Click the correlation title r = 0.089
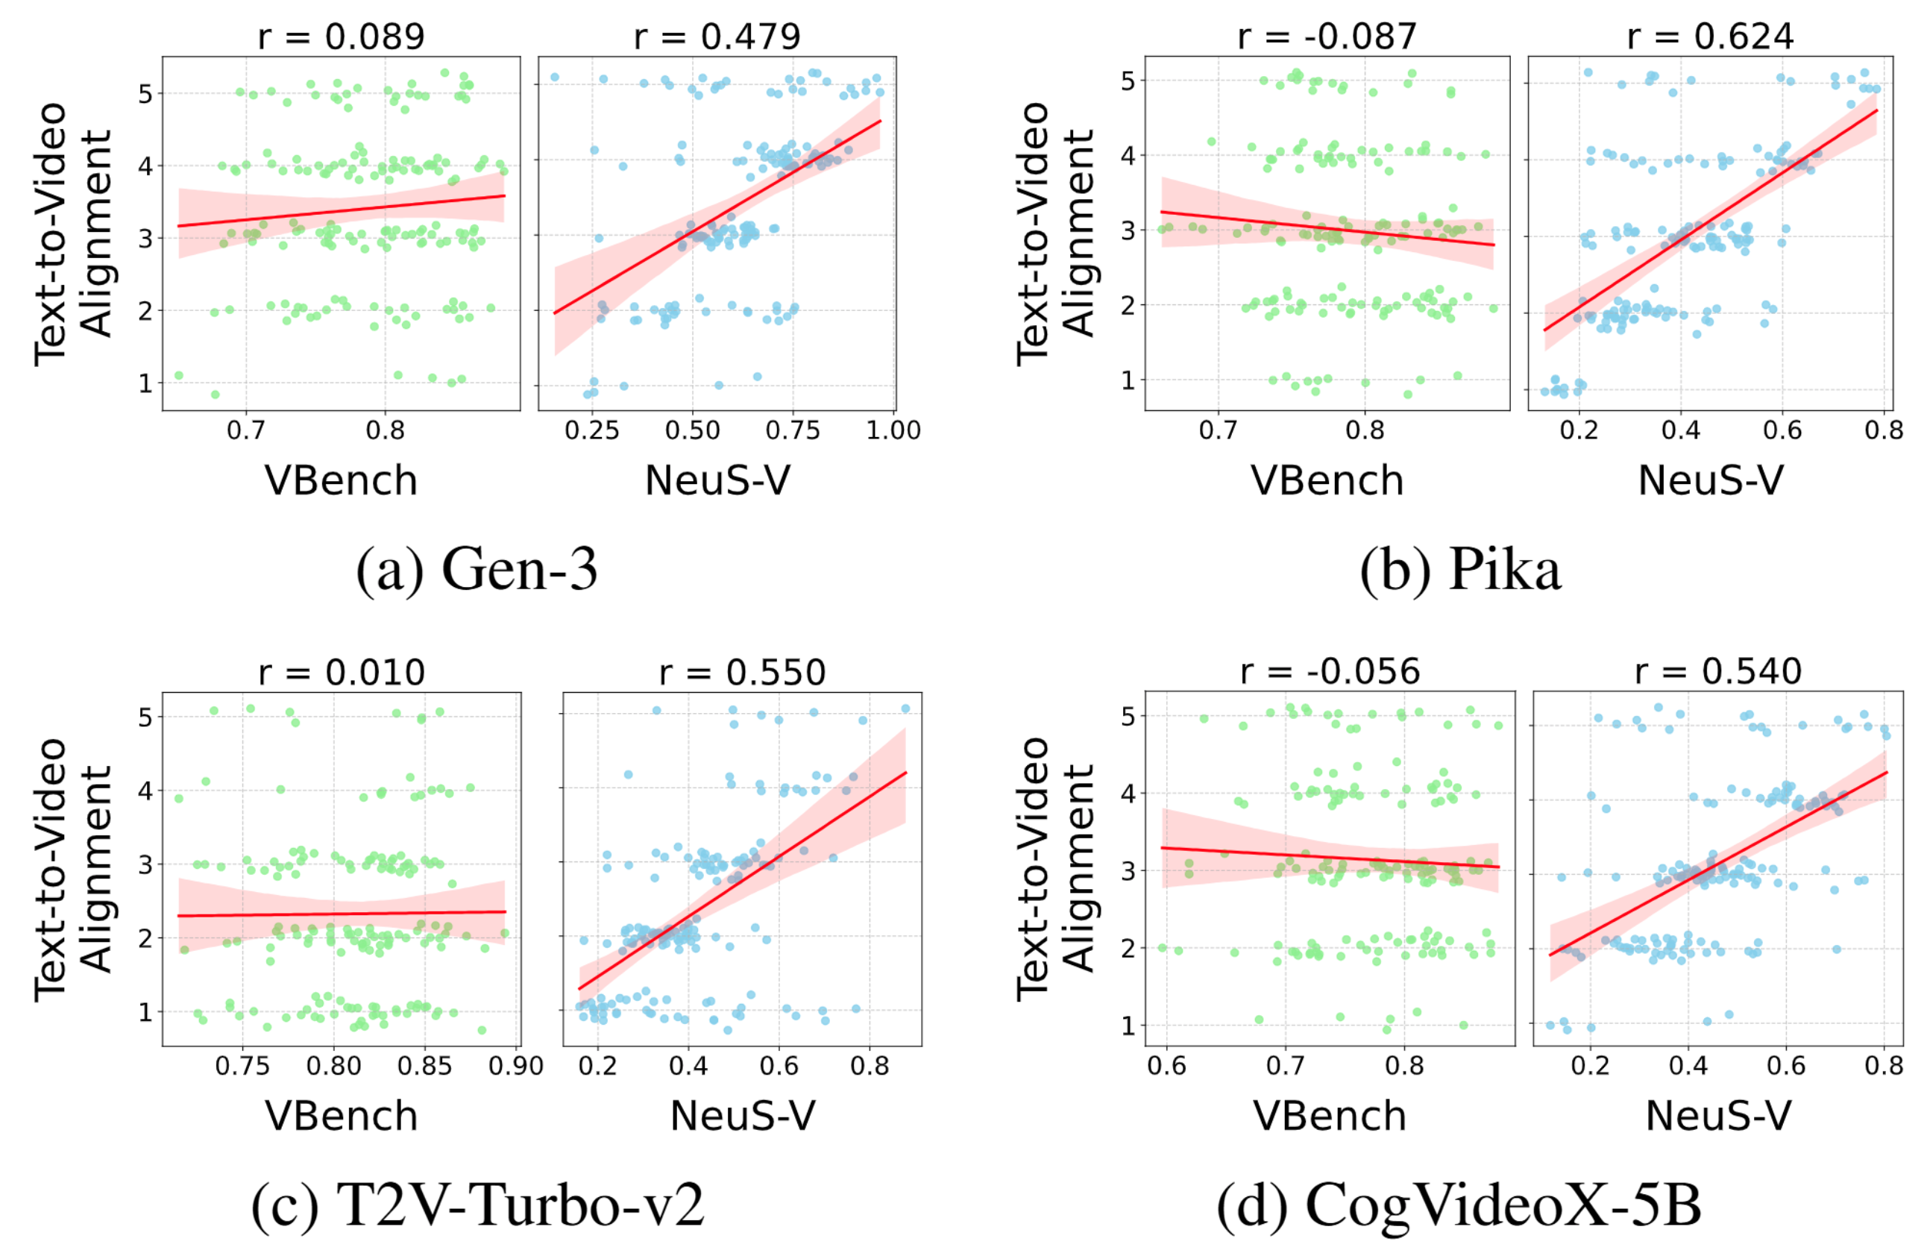[341, 37]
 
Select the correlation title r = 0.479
[717, 37]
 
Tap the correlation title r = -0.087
[1327, 37]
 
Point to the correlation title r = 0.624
[1710, 37]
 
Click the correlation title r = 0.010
[341, 673]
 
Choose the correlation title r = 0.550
[742, 673]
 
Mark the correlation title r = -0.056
[1330, 672]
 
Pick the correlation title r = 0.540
[1718, 672]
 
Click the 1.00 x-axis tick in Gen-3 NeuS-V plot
[893, 430]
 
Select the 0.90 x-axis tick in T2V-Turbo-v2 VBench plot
[516, 1067]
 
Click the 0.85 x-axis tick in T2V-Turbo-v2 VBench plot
[424, 1067]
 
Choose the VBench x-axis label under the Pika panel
[1327, 481]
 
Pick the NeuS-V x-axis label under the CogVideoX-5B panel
[1719, 1117]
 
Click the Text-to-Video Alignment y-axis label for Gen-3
[73, 233]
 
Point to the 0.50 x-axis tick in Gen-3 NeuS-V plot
[692, 430]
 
